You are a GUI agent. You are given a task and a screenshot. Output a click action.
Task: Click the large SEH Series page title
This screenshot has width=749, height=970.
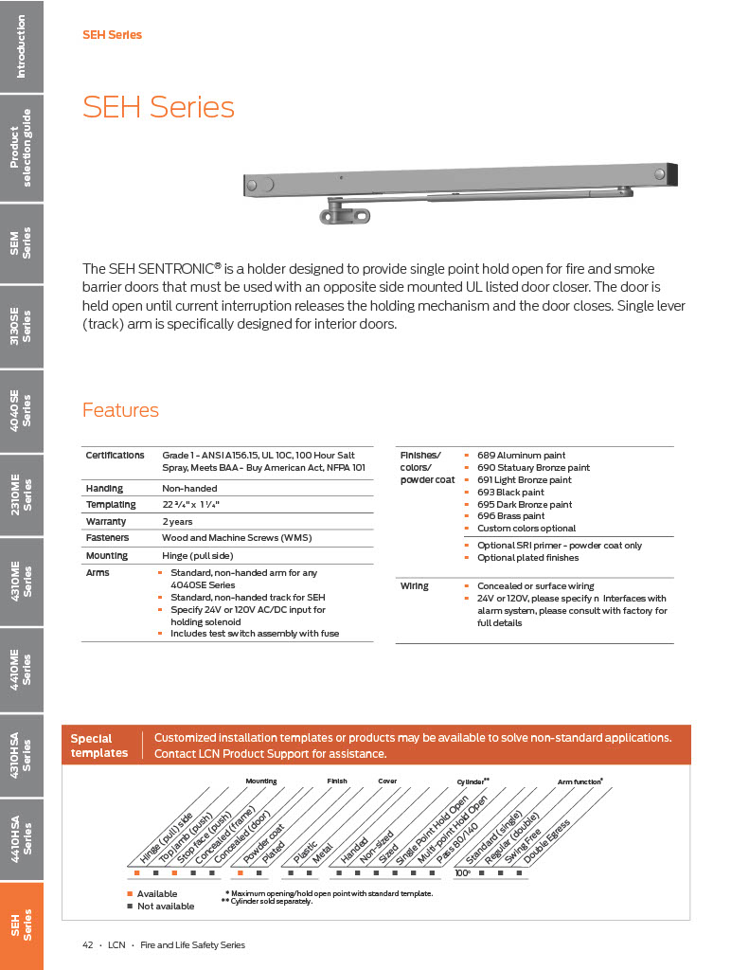(x=158, y=107)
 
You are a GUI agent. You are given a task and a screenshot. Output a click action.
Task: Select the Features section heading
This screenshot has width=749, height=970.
(x=120, y=410)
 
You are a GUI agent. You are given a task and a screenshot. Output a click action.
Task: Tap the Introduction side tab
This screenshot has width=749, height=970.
(x=22, y=46)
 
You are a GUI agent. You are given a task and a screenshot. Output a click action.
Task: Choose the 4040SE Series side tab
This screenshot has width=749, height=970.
(x=22, y=409)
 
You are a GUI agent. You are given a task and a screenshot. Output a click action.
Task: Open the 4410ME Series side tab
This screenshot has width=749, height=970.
(x=22, y=668)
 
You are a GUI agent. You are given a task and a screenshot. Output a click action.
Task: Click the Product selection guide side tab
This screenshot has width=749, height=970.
(x=22, y=148)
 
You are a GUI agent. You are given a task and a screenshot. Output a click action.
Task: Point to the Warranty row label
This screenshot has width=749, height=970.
(x=106, y=521)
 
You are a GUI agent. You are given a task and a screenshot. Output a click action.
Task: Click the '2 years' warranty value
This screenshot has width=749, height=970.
(x=176, y=521)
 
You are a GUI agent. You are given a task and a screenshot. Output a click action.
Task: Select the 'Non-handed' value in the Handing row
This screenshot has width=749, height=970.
(x=190, y=488)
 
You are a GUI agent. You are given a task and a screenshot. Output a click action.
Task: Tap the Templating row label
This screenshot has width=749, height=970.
(x=111, y=505)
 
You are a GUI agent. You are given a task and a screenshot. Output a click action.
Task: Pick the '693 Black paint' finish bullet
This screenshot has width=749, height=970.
(x=510, y=493)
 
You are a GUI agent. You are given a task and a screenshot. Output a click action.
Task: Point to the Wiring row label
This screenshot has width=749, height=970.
(x=414, y=586)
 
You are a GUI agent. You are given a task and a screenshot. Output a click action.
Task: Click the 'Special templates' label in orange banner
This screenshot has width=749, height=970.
(x=98, y=745)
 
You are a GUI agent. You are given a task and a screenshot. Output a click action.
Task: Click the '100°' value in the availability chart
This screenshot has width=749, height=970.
(x=463, y=872)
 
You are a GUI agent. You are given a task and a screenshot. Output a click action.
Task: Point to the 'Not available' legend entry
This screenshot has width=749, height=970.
(x=165, y=907)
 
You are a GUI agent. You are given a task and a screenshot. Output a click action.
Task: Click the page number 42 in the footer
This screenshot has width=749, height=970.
(x=88, y=944)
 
